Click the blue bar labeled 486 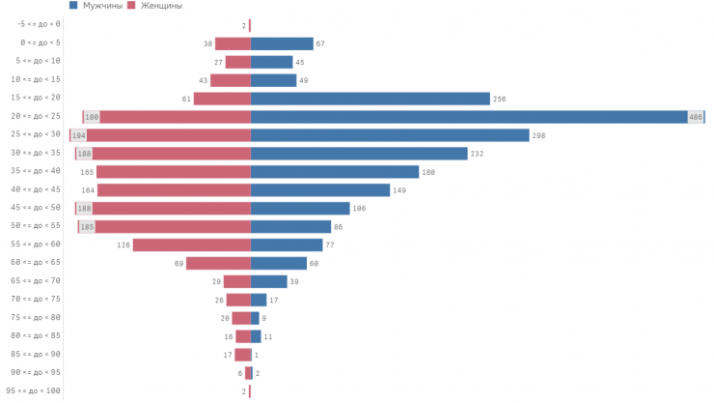point(477,117)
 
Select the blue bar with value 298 point(390,135)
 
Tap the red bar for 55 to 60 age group point(191,245)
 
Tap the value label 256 point(499,99)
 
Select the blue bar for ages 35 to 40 point(335,172)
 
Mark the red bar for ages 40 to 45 point(174,189)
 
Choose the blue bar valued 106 point(300,208)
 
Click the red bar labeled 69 point(218,263)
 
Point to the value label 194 point(78,135)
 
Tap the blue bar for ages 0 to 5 point(282,43)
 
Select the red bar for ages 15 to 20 point(222,99)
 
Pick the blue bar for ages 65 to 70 point(269,281)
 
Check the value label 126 point(124,245)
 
